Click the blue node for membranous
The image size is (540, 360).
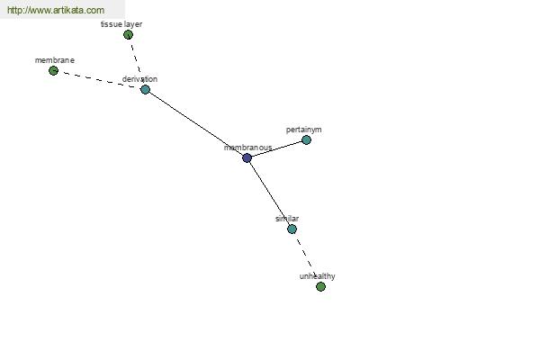click(x=247, y=158)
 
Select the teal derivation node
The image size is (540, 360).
click(x=145, y=90)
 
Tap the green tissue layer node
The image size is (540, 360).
click(x=128, y=35)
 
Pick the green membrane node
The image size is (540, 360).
click(x=53, y=71)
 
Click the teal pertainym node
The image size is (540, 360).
click(x=306, y=139)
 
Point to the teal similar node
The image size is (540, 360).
click(x=292, y=229)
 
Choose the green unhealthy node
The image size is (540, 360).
click(x=320, y=286)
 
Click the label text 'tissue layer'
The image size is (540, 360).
click(x=121, y=24)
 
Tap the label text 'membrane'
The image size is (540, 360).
click(x=55, y=60)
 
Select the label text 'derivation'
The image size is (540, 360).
click(x=139, y=79)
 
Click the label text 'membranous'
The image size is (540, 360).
click(x=248, y=148)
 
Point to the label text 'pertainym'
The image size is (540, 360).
click(x=304, y=130)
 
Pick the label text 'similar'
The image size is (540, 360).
click(x=287, y=219)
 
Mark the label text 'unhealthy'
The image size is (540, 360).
click(x=317, y=276)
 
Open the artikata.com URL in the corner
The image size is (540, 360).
click(x=56, y=10)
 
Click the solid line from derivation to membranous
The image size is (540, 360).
click(x=196, y=124)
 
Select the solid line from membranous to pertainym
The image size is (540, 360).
click(x=276, y=149)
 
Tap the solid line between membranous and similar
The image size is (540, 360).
click(x=269, y=193)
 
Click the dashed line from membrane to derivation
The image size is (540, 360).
click(x=99, y=80)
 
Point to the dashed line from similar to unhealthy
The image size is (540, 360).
click(x=306, y=257)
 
